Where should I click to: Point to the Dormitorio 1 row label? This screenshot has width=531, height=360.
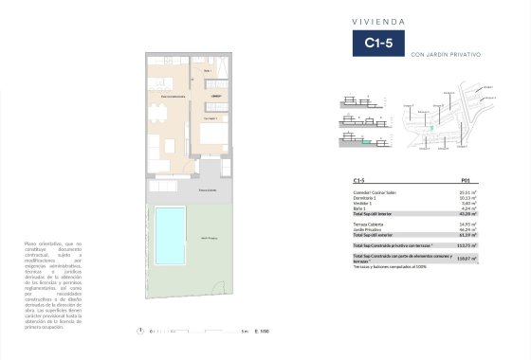[x=365, y=196]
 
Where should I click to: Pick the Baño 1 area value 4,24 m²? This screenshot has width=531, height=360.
[x=467, y=207]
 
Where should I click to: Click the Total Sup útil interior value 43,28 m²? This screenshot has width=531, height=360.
[x=467, y=213]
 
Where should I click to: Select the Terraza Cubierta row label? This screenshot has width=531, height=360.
[x=367, y=224]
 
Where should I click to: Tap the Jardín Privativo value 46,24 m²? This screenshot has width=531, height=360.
[x=467, y=229]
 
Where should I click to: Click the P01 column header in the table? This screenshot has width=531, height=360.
[x=466, y=179]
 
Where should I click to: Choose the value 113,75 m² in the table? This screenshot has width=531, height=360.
[x=465, y=245]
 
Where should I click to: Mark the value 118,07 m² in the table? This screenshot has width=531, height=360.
[x=465, y=258]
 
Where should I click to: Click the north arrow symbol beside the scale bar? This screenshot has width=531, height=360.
[x=140, y=332]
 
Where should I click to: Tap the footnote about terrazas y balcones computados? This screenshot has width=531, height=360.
[x=389, y=266]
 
